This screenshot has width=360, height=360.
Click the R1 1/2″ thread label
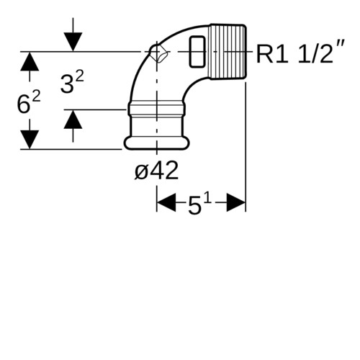300,52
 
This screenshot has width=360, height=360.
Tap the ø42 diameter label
156,171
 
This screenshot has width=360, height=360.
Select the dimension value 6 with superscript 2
29,102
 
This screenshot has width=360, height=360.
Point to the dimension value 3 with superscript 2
72,83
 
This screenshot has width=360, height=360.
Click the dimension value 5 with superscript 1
199,204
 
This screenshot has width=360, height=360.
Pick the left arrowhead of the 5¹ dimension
166,203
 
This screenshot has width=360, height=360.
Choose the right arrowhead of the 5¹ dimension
236,203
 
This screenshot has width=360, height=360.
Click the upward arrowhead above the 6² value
30,61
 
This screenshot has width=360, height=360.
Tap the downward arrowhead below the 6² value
30,140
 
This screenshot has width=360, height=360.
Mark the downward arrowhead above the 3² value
73,42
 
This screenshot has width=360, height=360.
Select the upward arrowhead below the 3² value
73,119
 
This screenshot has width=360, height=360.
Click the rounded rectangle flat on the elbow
197,52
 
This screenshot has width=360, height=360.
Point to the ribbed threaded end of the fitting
228,52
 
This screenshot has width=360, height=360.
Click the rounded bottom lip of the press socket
157,143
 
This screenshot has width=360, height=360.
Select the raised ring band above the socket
157,109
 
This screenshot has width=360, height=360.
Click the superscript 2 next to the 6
37,96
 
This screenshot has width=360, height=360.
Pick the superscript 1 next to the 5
208,199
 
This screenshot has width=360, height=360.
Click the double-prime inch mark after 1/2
341,45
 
